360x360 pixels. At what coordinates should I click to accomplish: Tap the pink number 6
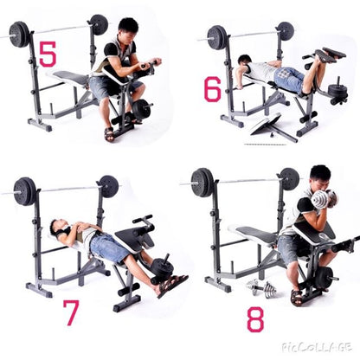point(213,87)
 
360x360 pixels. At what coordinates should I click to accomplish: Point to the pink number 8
point(255,318)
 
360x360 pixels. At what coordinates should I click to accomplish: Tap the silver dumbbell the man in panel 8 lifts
point(321,198)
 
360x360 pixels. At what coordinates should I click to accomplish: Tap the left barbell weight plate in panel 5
point(19,34)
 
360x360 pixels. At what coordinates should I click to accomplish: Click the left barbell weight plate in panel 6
point(217,36)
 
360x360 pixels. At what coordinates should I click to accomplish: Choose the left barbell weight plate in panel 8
point(202,182)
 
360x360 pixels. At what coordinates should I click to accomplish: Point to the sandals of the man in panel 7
point(170,285)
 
